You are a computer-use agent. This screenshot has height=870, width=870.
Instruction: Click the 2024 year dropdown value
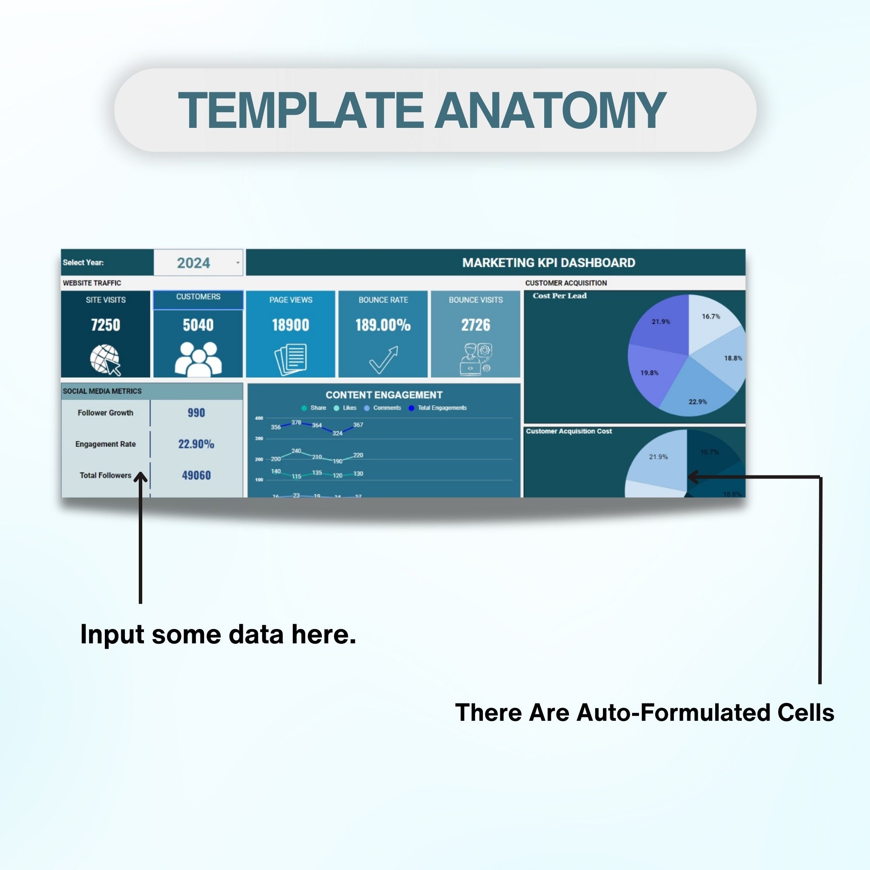pos(193,263)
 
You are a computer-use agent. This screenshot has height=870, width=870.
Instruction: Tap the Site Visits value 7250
pos(105,325)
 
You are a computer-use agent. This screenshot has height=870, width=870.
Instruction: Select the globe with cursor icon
pos(105,359)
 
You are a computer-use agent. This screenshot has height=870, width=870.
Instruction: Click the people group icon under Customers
pos(198,359)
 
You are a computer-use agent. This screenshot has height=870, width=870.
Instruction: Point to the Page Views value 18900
pos(291,325)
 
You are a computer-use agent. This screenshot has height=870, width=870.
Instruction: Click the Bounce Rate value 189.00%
pos(383,325)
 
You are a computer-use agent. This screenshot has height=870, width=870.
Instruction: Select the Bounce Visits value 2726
pos(475,325)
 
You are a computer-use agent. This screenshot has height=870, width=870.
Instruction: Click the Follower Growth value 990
pos(196,412)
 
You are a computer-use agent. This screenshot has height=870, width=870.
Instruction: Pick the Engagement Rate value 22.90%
pos(196,444)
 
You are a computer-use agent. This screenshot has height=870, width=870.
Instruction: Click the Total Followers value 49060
pos(196,475)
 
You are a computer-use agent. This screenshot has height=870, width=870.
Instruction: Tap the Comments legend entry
pos(386,408)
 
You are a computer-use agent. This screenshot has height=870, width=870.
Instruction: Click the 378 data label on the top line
pos(296,422)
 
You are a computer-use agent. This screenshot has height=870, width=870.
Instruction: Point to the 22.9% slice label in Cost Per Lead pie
pos(698,402)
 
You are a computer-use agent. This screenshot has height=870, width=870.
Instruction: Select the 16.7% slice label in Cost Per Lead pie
pos(711,317)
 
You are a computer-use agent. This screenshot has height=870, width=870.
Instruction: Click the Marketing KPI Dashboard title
pos(549,263)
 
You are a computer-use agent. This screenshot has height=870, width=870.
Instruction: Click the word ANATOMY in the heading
pos(550,110)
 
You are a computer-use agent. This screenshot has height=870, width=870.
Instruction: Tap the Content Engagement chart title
pos(384,395)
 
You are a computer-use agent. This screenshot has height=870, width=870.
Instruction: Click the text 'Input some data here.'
pos(218,635)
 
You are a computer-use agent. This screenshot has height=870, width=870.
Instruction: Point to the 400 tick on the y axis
pos(259,418)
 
